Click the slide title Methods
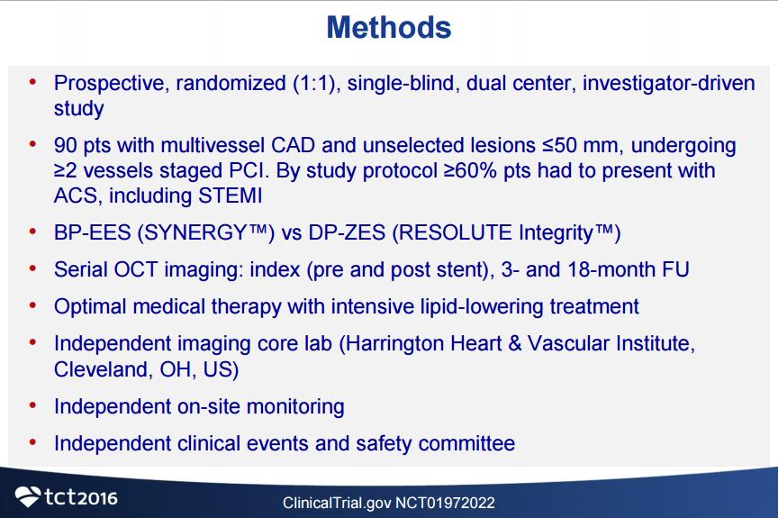click(389, 27)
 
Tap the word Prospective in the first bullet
click(108, 84)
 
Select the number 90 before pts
click(65, 145)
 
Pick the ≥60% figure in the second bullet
click(470, 170)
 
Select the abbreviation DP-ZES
click(347, 232)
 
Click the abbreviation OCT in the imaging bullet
click(135, 270)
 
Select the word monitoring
click(295, 407)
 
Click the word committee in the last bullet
click(466, 443)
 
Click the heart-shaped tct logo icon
click(28, 496)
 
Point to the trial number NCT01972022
click(445, 503)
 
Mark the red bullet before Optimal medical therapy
click(32, 305)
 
